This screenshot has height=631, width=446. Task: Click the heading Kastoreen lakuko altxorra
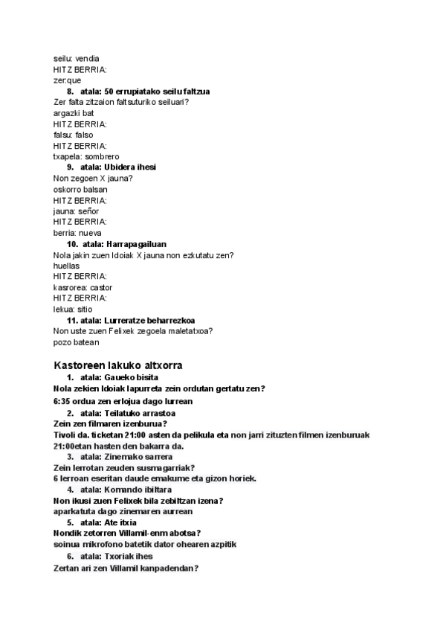click(118, 365)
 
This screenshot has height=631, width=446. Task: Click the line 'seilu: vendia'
click(76, 58)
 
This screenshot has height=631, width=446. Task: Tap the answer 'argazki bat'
click(74, 113)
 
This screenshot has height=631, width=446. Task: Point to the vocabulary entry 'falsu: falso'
click(74, 135)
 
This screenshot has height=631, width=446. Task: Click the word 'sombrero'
click(102, 156)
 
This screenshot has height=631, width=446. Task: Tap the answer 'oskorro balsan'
click(80, 189)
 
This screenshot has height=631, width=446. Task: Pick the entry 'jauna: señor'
click(76, 211)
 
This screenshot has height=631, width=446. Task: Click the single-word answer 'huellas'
click(67, 266)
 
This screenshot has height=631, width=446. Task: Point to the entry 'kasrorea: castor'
click(83, 287)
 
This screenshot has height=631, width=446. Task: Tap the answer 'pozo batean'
click(76, 342)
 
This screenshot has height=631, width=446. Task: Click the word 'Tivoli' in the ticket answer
click(66, 435)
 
